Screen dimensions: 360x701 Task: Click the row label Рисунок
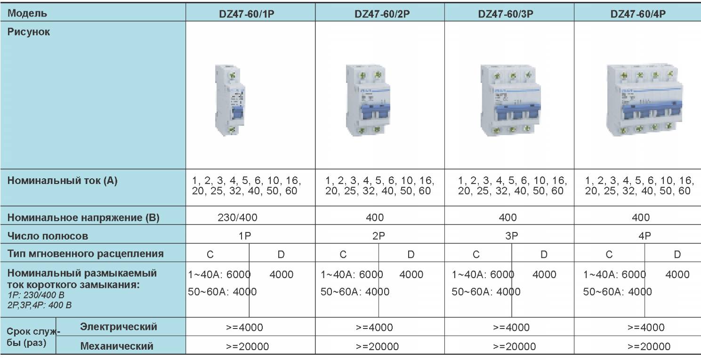coord(29,32)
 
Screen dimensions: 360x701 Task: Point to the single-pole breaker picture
coord(230,100)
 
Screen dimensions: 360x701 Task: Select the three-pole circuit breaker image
coord(510,100)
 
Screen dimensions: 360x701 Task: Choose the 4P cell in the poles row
coord(644,236)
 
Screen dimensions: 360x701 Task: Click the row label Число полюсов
coord(48,236)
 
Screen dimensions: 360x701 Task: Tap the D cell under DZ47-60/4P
coord(677,255)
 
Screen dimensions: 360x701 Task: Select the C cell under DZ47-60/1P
coord(210,255)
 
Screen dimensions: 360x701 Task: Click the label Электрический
coord(119,327)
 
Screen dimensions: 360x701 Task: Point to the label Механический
coord(117,346)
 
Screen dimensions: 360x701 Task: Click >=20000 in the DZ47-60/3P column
coord(514,347)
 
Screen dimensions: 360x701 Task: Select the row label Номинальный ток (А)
coord(62,181)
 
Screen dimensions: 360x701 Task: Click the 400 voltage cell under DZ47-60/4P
coord(641,217)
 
